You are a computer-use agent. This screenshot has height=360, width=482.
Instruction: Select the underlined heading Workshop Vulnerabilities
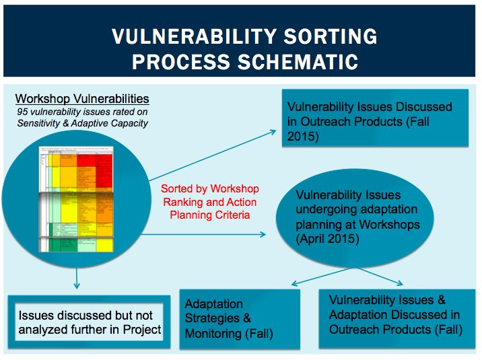82,99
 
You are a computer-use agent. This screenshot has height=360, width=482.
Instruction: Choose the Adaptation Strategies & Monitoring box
240,318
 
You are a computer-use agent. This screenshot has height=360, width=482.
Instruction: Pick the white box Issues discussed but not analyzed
90,322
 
